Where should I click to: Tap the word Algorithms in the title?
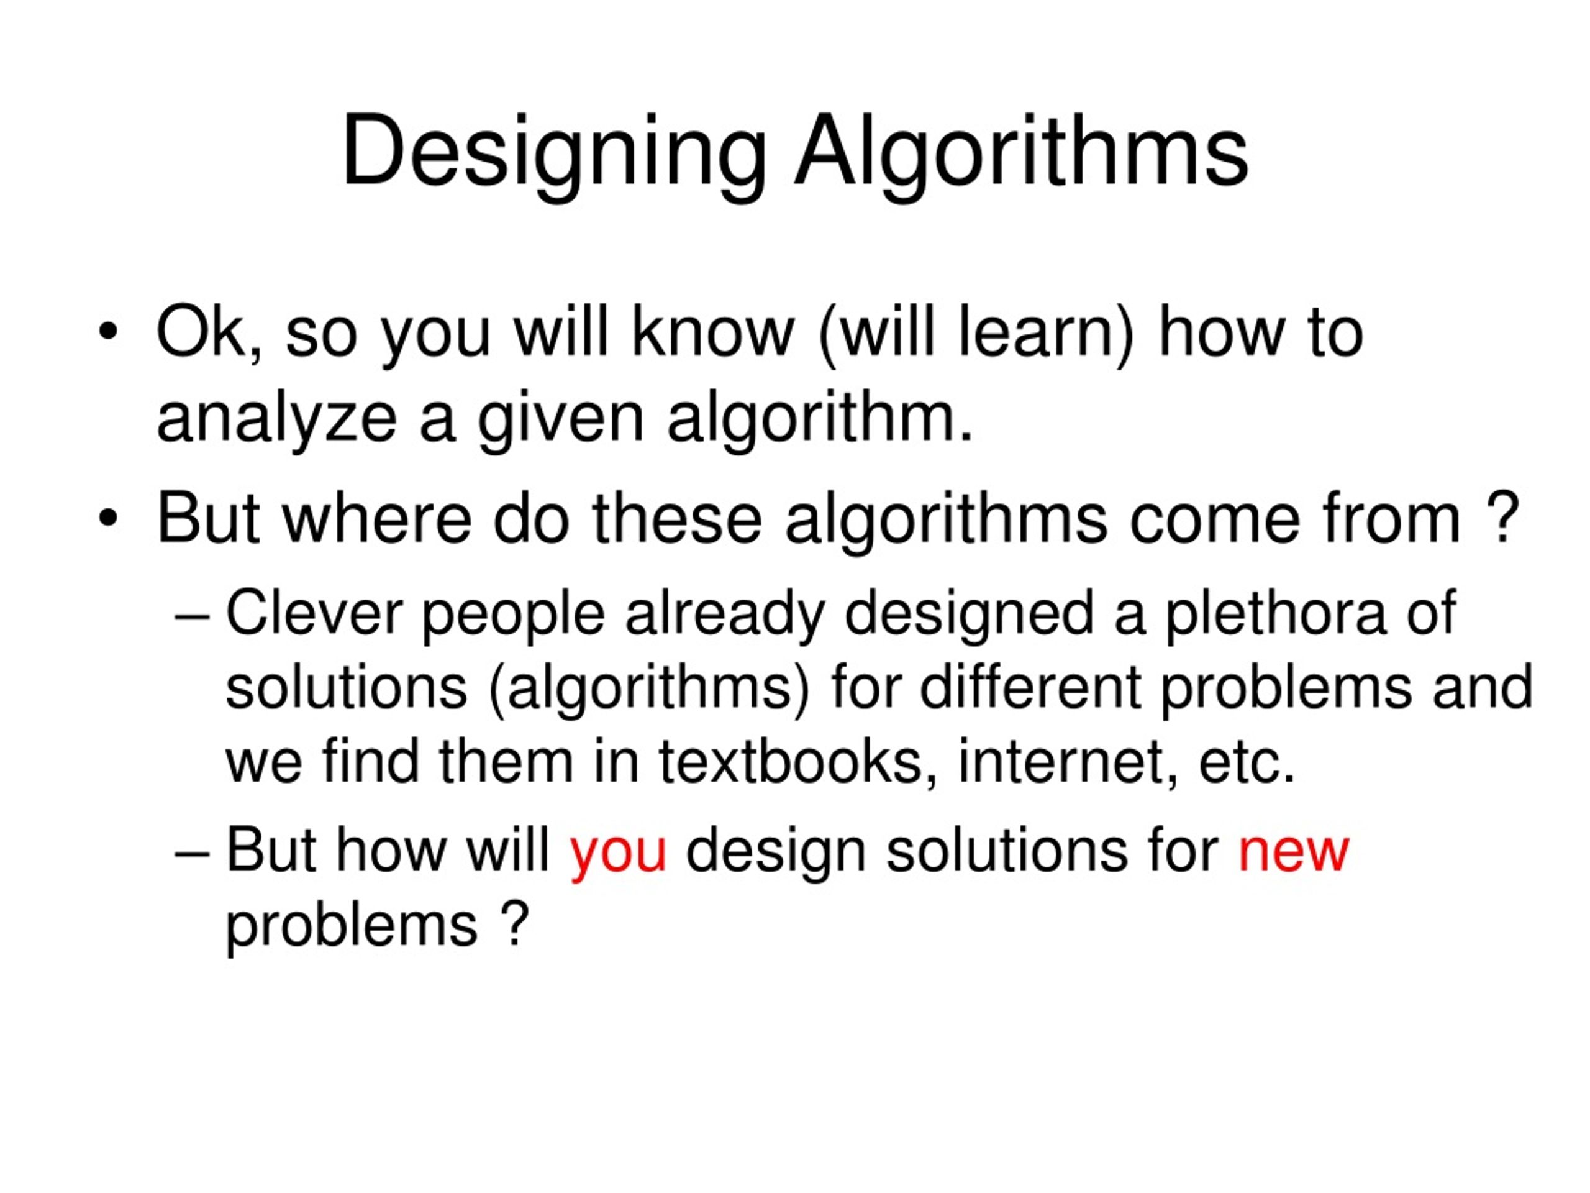1020,152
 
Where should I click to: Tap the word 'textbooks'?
790,762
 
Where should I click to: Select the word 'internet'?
1068,762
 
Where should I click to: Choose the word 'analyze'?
277,420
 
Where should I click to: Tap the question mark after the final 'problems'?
513,924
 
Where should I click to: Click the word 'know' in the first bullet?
713,332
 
